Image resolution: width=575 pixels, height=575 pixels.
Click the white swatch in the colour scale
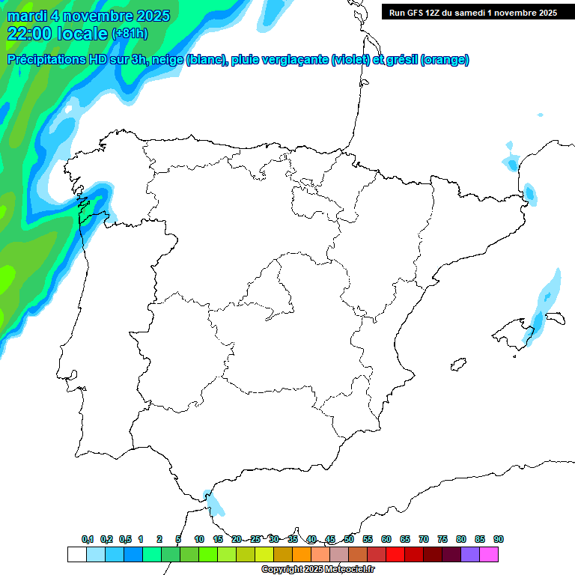tap(76, 554)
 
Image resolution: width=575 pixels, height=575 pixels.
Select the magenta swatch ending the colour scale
tap(489, 554)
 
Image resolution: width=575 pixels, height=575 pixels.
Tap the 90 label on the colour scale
tap(499, 539)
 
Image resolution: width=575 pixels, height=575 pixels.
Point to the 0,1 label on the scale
tap(87, 539)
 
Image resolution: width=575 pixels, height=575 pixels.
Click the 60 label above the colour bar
tap(386, 539)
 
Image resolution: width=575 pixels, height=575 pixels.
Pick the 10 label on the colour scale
tap(199, 539)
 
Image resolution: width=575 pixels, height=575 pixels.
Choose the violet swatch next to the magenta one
tap(470, 554)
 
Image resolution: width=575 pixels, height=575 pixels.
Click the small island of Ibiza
tap(457, 365)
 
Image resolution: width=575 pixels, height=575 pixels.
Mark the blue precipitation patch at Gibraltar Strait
tap(215, 504)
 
